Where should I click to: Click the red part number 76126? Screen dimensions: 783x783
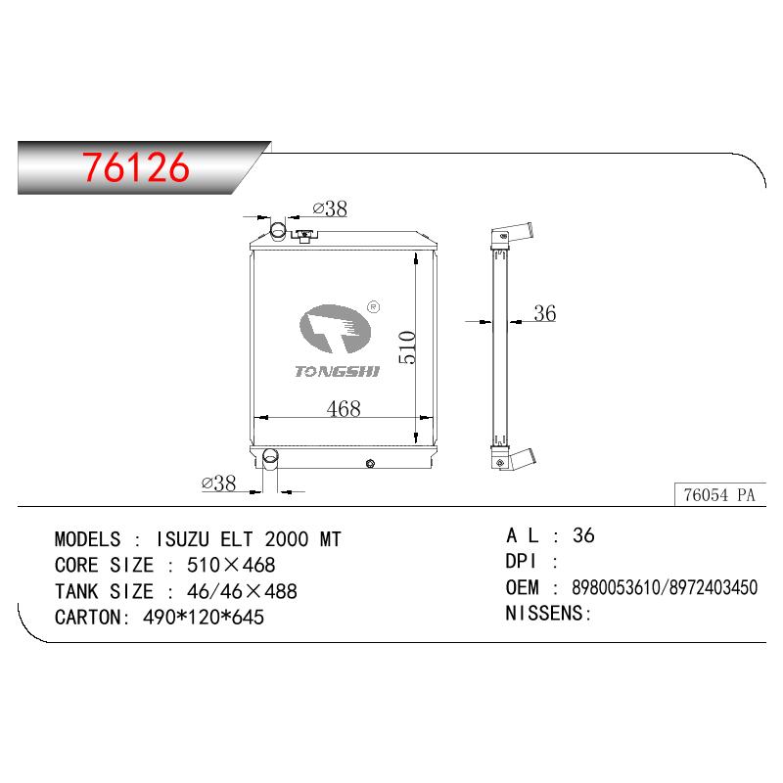(x=136, y=166)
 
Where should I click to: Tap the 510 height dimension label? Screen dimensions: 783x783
(x=407, y=347)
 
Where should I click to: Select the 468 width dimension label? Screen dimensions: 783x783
(x=344, y=408)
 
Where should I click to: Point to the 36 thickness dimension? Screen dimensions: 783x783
(x=545, y=313)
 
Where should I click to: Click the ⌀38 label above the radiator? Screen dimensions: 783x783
(x=330, y=208)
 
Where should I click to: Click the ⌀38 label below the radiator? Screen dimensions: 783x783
(x=218, y=483)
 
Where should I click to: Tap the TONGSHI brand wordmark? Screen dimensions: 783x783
(x=337, y=371)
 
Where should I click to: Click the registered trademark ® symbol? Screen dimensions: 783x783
(x=373, y=306)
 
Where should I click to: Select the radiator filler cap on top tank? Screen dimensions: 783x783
(x=304, y=235)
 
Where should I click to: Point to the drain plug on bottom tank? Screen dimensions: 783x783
(x=370, y=463)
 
